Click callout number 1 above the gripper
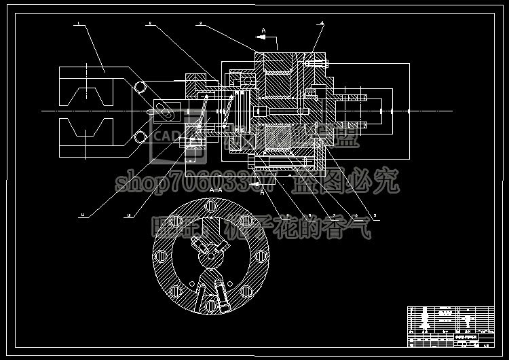pos(79,24)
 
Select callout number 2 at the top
pos(149,24)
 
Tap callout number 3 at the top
pos(201,24)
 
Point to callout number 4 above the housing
pos(322,24)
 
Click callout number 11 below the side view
pos(83,215)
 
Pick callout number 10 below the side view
pos(129,215)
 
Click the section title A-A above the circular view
pos(216,190)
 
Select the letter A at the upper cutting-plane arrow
pos(264,30)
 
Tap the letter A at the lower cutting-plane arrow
pos(264,192)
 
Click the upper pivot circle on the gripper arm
pos(140,88)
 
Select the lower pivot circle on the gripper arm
pos(140,137)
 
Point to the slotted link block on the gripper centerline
pos(164,111)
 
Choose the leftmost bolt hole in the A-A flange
pos(161,256)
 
